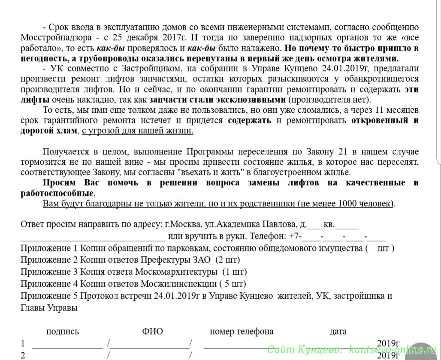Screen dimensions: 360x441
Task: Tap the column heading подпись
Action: coord(63,331)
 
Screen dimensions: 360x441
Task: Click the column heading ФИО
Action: coord(152,331)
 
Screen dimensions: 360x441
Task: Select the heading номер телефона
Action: coord(242,331)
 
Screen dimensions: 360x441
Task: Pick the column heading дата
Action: coord(338,331)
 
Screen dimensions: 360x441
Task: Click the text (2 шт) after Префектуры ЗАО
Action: coord(227,260)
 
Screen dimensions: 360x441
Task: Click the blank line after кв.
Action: coord(347,224)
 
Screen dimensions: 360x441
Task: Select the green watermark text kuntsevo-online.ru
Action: coord(393,349)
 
